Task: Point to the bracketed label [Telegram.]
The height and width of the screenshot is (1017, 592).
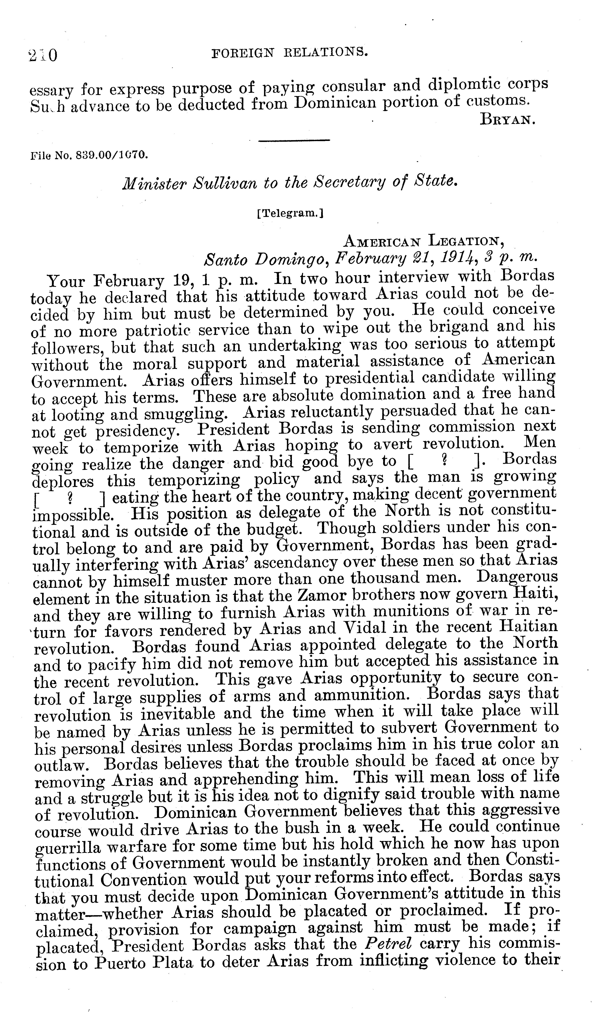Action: click(x=290, y=214)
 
